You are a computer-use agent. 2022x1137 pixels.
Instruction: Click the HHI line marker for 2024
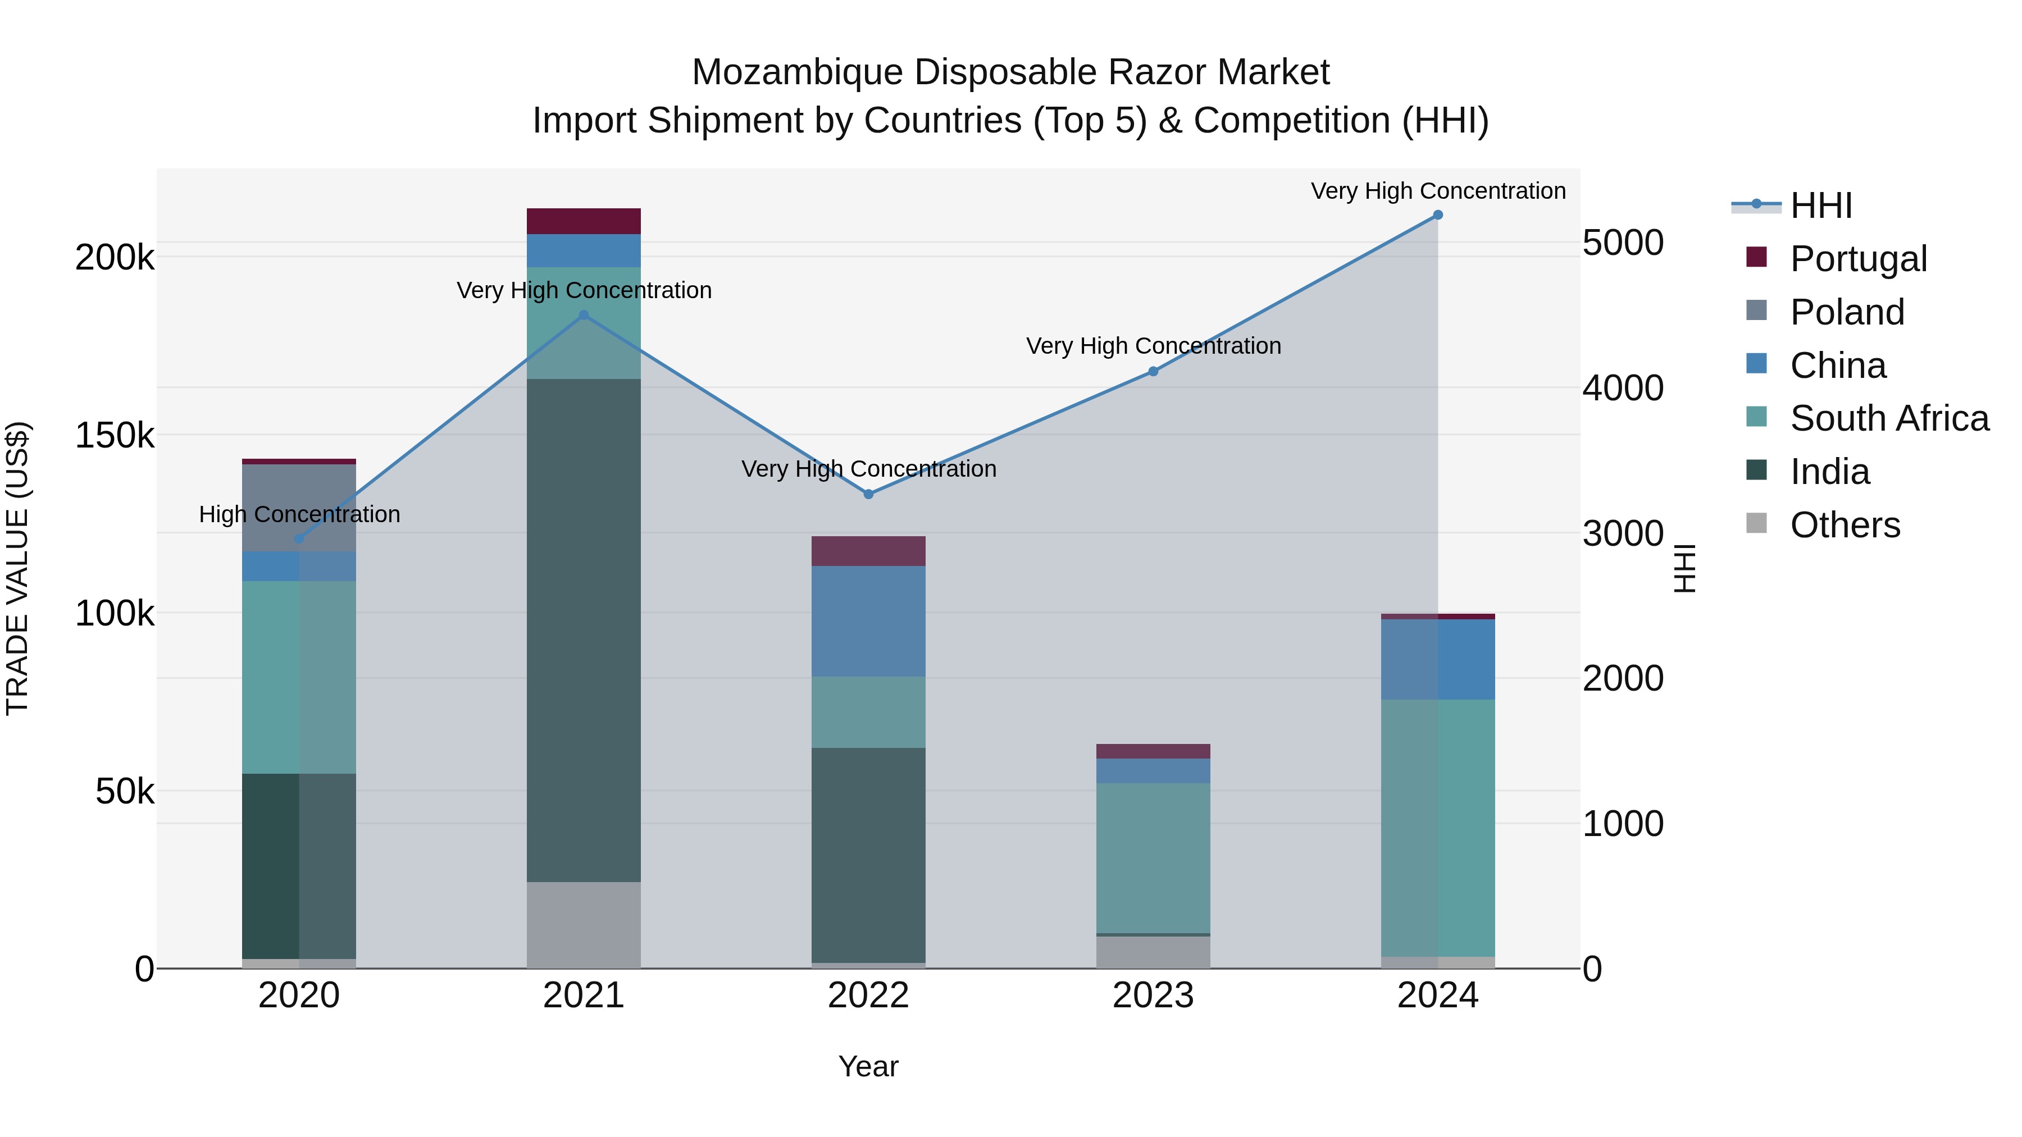[x=1437, y=215]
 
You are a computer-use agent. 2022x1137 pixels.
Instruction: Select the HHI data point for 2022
[x=868, y=494]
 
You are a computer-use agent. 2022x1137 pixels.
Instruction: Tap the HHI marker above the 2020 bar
[x=299, y=539]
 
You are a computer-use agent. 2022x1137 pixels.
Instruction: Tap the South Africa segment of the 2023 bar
[x=1153, y=857]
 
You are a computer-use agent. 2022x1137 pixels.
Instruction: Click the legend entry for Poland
[x=1846, y=312]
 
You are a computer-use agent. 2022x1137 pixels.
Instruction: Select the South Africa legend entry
[x=1888, y=418]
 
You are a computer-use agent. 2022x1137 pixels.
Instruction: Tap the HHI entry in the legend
[x=1820, y=206]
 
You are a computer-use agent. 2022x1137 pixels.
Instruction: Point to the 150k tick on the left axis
[x=115, y=436]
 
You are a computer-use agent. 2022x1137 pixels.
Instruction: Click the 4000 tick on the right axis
[x=1622, y=387]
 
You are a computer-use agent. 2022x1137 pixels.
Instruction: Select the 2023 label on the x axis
[x=1153, y=996]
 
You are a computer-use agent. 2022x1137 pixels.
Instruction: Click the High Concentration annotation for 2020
[x=299, y=515]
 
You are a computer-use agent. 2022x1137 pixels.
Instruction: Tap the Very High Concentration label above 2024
[x=1437, y=191]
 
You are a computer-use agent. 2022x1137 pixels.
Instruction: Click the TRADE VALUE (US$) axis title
[x=17, y=568]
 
